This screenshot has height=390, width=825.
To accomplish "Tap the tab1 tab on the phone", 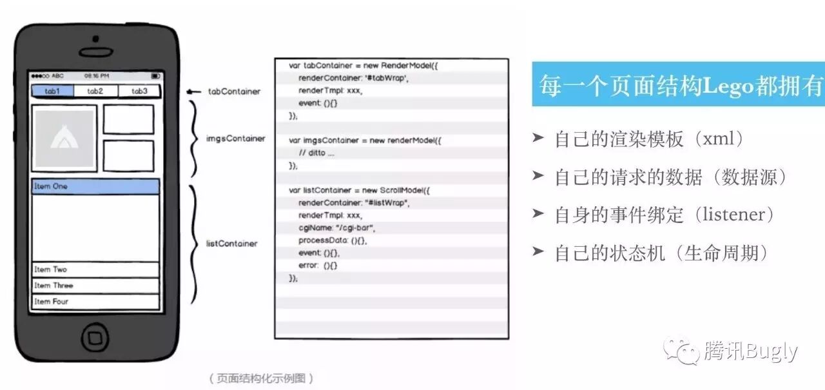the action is click(52, 91).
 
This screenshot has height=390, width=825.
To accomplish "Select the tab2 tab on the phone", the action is click(95, 91).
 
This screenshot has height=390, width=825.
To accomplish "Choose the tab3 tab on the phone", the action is click(139, 91).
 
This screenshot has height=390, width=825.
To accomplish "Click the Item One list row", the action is click(95, 186).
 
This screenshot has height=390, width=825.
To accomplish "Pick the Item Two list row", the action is click(95, 269).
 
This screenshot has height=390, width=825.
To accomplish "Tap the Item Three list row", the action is click(95, 286).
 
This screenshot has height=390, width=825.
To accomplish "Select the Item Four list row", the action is click(95, 302).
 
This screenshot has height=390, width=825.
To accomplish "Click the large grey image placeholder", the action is click(64, 139).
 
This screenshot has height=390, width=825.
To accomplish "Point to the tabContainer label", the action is click(234, 92).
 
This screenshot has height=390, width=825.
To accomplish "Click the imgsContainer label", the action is click(235, 139).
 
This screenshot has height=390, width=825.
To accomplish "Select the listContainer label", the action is click(231, 244).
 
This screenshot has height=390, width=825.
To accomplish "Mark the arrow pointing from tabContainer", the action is click(193, 92).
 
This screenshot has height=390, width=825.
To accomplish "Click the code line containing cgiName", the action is click(336, 228).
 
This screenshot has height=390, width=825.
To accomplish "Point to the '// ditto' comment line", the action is click(316, 153).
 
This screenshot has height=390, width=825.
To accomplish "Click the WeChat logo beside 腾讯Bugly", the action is click(683, 351).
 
